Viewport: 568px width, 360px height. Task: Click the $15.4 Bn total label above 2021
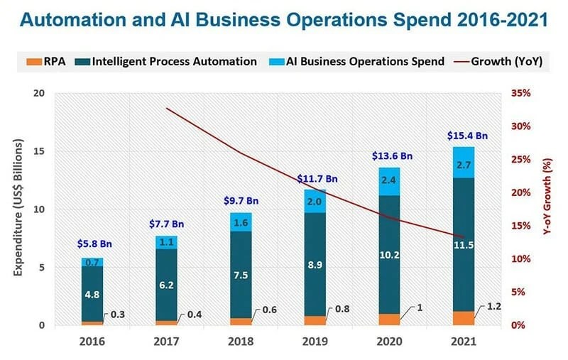click(467, 135)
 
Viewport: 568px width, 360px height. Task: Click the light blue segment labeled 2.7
click(464, 164)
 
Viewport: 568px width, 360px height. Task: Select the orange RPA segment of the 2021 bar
click(464, 318)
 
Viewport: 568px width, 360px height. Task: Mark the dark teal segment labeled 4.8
click(91, 294)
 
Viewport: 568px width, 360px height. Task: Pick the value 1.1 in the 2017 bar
click(165, 242)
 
